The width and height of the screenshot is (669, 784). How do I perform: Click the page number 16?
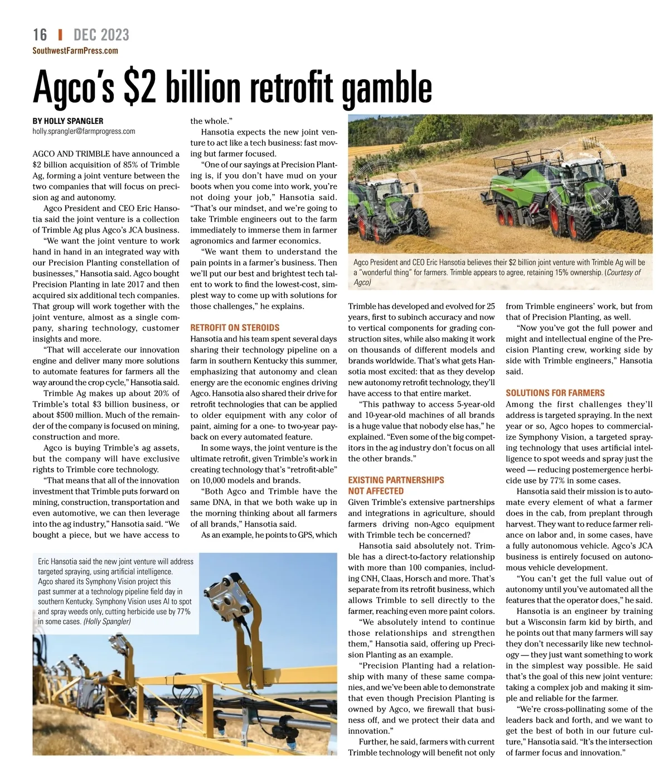click(40, 35)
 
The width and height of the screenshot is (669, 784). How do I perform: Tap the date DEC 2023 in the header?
click(101, 35)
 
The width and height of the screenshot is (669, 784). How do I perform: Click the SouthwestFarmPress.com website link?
click(75, 51)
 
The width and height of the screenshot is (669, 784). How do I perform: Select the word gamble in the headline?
click(386, 88)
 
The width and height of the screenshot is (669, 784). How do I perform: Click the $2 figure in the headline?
click(139, 88)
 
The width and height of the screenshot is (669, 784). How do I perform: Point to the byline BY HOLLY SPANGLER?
click(67, 121)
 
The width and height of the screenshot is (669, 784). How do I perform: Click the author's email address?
click(84, 132)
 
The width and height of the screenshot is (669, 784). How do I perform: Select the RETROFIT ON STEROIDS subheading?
click(235, 328)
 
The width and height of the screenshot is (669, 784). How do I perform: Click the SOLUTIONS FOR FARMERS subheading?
click(555, 393)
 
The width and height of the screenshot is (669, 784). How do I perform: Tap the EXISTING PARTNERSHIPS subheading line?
click(396, 480)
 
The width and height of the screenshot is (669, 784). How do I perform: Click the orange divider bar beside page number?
click(60, 35)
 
